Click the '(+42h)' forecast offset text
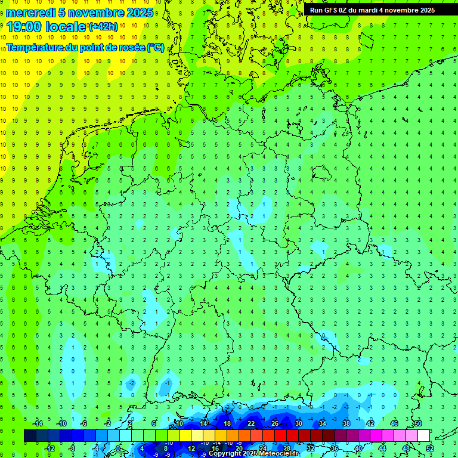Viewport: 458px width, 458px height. click(x=103, y=27)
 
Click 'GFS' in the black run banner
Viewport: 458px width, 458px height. click(x=332, y=10)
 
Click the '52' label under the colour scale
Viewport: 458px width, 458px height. click(x=431, y=448)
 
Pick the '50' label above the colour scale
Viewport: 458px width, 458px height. click(x=417, y=423)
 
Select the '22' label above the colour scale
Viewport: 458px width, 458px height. click(x=251, y=423)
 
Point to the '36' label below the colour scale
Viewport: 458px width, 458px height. click(x=335, y=448)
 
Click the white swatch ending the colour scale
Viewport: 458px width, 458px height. click(x=423, y=436)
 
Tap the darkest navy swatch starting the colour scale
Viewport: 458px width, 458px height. click(x=30, y=436)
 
